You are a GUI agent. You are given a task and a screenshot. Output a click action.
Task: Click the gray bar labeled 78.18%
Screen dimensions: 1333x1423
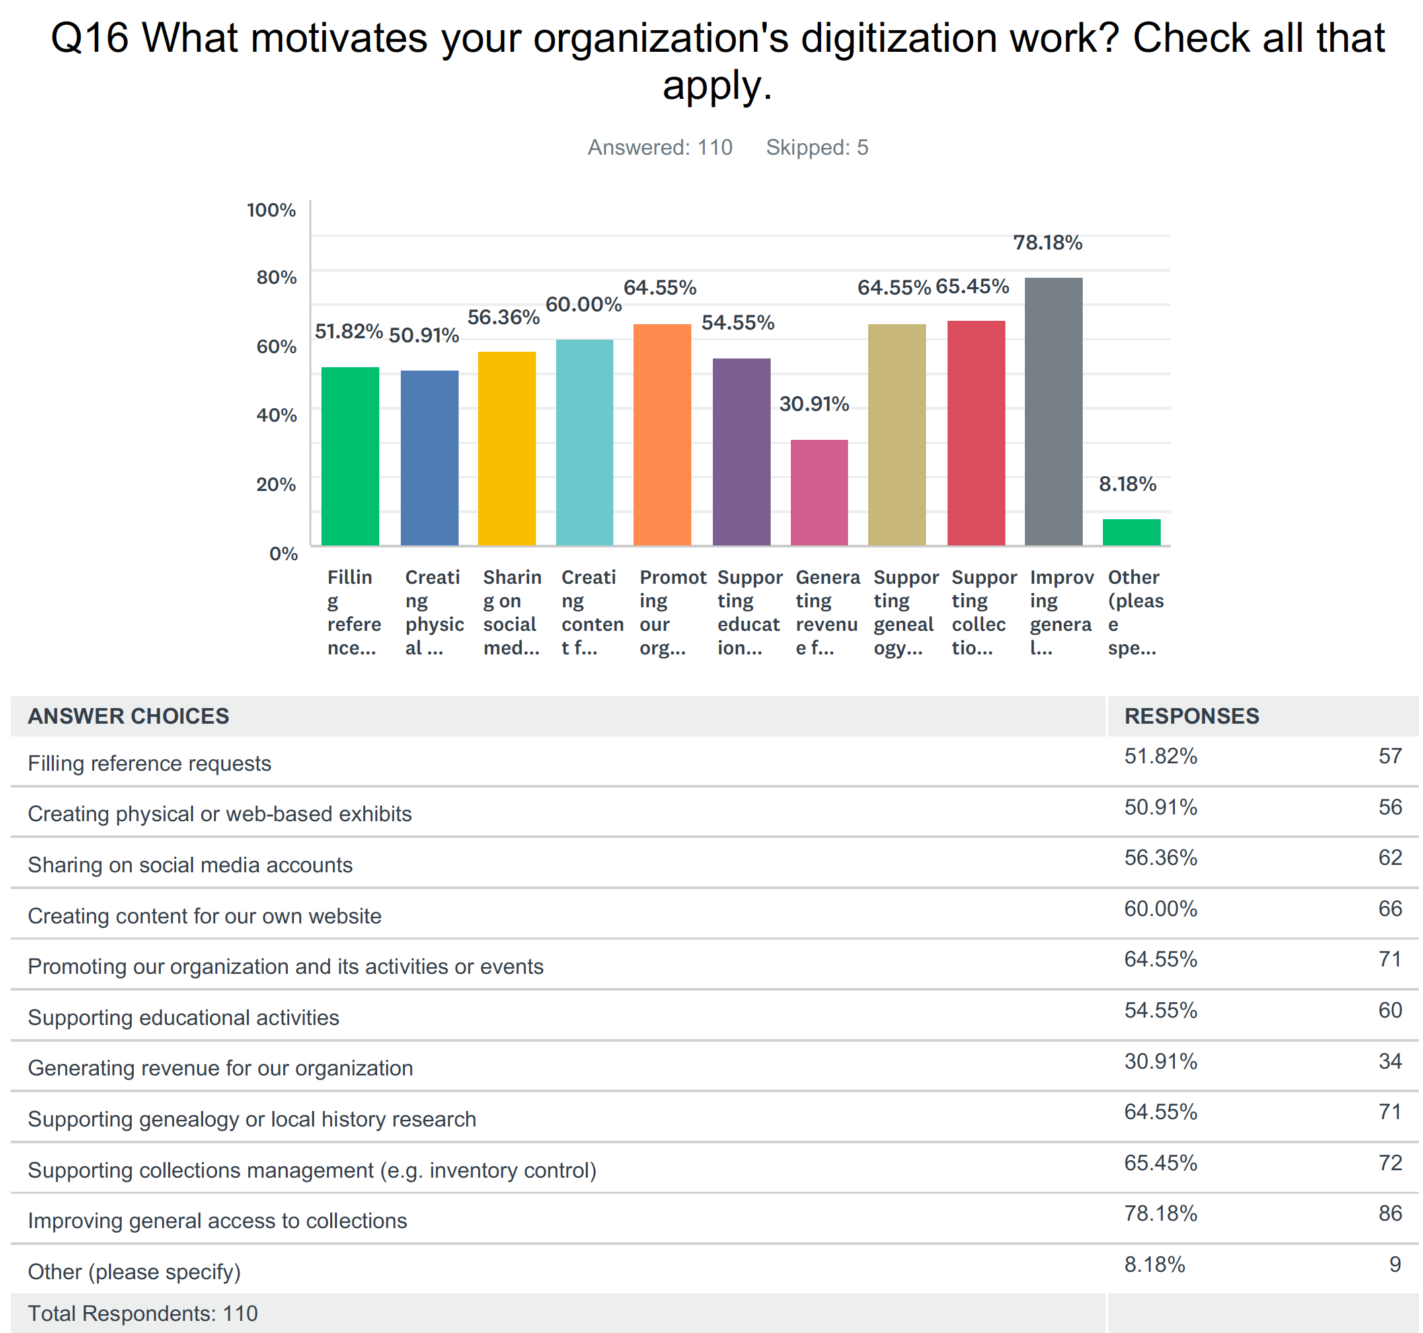click(1053, 412)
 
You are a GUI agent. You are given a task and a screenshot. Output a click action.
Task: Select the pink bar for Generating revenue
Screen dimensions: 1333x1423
click(819, 492)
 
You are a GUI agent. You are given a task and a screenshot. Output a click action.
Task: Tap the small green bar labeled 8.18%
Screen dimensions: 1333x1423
click(1131, 532)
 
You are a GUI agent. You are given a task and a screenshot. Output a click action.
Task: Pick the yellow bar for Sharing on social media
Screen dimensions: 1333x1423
click(507, 448)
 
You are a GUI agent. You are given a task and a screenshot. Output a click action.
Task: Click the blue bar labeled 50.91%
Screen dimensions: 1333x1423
click(430, 458)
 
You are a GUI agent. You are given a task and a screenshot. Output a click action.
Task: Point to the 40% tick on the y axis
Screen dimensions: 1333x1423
click(276, 415)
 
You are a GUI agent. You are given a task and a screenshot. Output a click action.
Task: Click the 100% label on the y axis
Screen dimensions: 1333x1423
click(270, 210)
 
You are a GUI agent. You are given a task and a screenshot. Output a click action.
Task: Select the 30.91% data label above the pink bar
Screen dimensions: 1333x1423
click(814, 404)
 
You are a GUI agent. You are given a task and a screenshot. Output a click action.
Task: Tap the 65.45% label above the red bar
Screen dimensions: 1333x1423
click(971, 287)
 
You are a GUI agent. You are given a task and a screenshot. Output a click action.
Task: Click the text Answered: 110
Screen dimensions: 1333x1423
click(659, 147)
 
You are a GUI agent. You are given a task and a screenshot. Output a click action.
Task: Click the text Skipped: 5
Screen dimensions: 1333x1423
click(816, 147)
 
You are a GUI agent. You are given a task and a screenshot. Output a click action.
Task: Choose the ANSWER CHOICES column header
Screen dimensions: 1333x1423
click(128, 716)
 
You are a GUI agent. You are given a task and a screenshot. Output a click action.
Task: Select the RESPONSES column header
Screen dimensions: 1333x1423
click(1191, 716)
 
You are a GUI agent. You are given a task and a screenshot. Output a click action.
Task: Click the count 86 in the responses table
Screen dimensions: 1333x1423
click(1389, 1213)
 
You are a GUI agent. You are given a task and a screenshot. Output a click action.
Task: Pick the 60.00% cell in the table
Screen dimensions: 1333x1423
click(1160, 909)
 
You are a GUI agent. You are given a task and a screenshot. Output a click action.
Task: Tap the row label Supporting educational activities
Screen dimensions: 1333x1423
click(183, 1018)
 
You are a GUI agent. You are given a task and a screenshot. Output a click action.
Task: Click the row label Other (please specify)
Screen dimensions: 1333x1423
click(134, 1271)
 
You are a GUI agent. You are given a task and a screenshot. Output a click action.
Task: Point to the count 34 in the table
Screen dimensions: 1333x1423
click(1389, 1061)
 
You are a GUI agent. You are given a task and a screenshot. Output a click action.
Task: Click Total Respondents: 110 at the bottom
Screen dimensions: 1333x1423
click(143, 1313)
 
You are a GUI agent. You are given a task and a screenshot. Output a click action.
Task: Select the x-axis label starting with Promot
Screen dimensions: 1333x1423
click(670, 612)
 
